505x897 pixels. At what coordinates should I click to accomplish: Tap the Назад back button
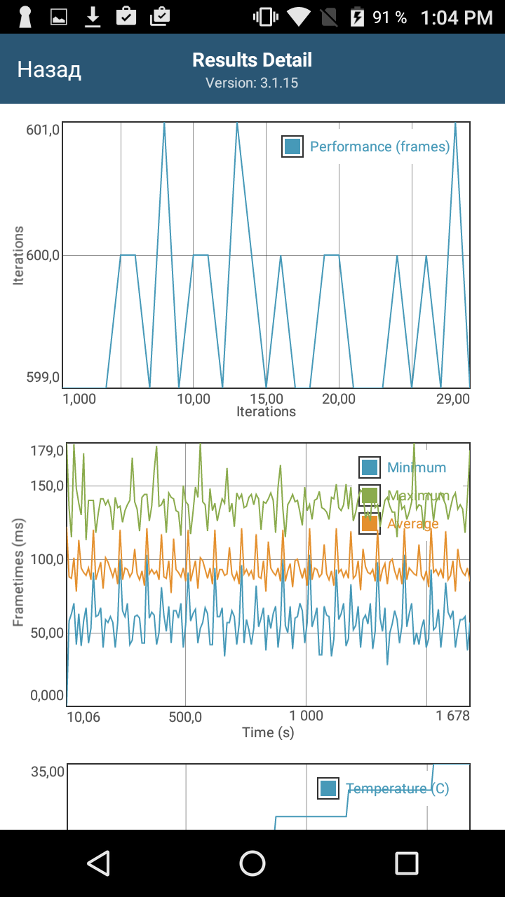(x=49, y=69)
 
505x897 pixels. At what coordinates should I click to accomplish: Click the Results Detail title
(x=252, y=60)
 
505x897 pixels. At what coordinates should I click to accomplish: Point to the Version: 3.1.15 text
(x=252, y=83)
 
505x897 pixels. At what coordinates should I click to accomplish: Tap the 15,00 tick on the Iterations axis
(x=267, y=399)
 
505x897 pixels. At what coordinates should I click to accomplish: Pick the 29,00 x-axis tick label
(x=452, y=399)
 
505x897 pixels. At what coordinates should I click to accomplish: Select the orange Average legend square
(x=370, y=523)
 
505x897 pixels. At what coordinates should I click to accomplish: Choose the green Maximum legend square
(x=370, y=495)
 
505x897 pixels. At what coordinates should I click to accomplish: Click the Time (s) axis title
(x=268, y=732)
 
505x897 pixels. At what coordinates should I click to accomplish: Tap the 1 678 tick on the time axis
(x=452, y=715)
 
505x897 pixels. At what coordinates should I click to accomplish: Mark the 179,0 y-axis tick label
(x=46, y=450)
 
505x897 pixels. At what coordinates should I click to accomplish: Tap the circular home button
(x=252, y=863)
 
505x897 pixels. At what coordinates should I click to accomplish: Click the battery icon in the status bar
(x=358, y=17)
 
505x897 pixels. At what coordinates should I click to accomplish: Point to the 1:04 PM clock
(x=457, y=18)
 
